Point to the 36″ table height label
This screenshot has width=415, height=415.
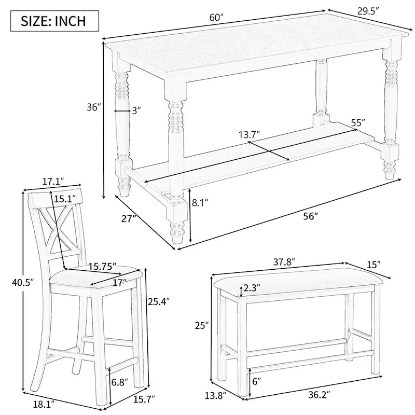pos(93,108)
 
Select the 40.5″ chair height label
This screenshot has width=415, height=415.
pos(23,283)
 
